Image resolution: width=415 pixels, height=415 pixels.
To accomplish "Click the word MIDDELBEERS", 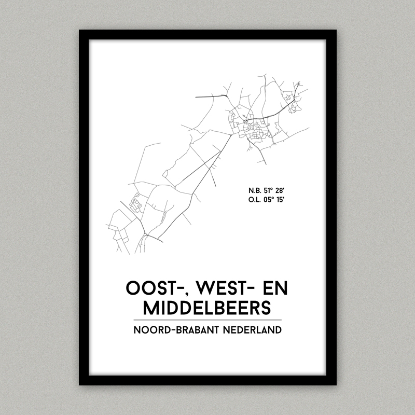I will coord(207,308).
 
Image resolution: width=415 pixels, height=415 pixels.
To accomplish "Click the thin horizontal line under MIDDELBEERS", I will coord(207,320).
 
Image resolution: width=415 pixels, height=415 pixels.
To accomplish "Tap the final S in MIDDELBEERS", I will coord(266,308).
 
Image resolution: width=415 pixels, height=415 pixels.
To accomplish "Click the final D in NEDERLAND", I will coord(278,330).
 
